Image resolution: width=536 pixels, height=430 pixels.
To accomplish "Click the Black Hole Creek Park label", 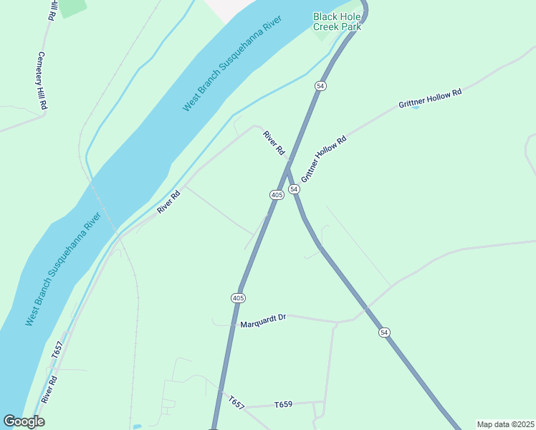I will tap(335, 21).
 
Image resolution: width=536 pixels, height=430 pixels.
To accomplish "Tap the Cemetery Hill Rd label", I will tap(42, 80).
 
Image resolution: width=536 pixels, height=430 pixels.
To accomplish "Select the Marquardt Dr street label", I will tap(263, 317).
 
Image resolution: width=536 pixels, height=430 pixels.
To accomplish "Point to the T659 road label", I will tap(284, 405).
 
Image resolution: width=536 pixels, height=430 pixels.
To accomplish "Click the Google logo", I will tap(24, 421).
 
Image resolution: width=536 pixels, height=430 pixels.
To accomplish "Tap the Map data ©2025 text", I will tap(505, 424).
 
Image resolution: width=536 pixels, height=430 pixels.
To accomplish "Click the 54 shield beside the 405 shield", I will tap(294, 188).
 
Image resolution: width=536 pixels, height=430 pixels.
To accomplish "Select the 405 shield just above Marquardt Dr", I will tap(239, 297).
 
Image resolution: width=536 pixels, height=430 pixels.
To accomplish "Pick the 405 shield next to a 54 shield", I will tap(277, 195).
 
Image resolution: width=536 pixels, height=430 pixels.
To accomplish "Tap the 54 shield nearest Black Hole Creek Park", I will tap(320, 85).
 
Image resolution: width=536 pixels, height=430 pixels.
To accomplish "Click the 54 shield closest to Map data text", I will tap(385, 332).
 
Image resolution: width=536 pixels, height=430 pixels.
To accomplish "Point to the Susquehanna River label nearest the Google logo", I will tap(62, 269).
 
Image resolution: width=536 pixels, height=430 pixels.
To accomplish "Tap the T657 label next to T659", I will tap(236, 402).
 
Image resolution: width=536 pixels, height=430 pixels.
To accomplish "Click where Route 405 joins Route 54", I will tap(286, 170).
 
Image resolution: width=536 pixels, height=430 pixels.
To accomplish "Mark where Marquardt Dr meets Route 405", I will tap(233, 324).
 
